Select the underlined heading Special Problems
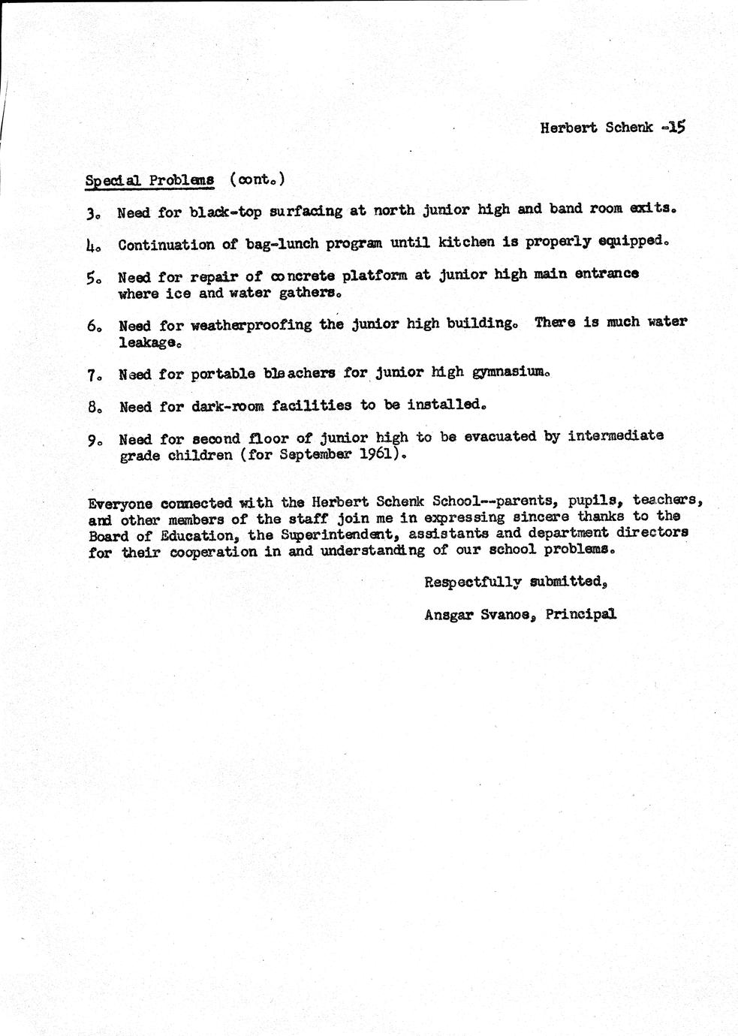coord(149,181)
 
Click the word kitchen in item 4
coord(466,242)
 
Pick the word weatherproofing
coord(252,326)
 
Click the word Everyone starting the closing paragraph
coord(122,503)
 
